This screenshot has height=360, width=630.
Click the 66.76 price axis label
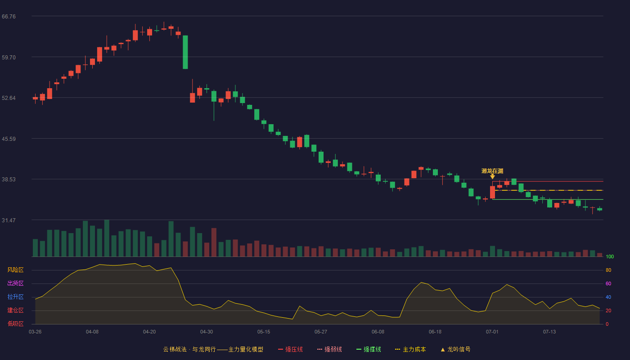tap(9, 17)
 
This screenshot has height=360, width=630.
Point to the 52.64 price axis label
tap(9, 98)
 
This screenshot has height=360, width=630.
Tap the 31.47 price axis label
tap(9, 220)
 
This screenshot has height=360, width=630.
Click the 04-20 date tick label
tap(149, 332)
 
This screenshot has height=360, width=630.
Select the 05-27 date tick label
tap(320, 332)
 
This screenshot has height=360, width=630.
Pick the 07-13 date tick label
tap(549, 332)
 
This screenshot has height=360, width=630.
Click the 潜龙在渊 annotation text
tap(492, 171)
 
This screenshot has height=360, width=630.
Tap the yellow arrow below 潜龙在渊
tap(492, 176)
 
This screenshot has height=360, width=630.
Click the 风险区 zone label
tap(15, 270)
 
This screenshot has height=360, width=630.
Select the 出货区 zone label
tap(15, 283)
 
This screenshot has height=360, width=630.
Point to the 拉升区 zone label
tap(15, 297)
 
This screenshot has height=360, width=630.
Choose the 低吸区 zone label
tap(15, 324)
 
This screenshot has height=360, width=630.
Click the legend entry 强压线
tap(290, 350)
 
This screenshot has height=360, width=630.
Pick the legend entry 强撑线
tap(369, 350)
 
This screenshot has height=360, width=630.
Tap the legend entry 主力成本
tap(410, 350)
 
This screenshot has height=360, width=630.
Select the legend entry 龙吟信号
tap(455, 350)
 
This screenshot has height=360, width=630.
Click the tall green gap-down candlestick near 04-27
tap(185, 52)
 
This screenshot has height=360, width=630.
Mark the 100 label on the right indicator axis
tap(610, 257)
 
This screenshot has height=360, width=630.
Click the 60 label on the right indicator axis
tap(608, 284)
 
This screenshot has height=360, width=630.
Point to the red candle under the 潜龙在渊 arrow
tap(492, 192)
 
